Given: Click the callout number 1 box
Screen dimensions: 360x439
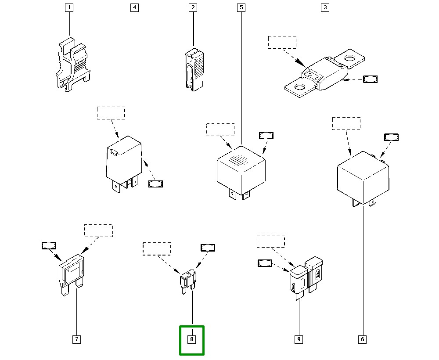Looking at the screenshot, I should pyautogui.click(x=69, y=7).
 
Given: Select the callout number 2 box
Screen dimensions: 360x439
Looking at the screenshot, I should pyautogui.click(x=193, y=7).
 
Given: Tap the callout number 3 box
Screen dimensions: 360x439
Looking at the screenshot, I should pyautogui.click(x=325, y=7).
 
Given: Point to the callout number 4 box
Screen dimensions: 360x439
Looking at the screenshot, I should pyautogui.click(x=134, y=7).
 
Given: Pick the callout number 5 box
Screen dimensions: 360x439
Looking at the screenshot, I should pyautogui.click(x=241, y=7).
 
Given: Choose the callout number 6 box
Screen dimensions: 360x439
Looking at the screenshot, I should pyautogui.click(x=362, y=339).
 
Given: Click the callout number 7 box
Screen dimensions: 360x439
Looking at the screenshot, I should pyautogui.click(x=76, y=339).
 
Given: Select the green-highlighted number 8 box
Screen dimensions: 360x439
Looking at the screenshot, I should pyautogui.click(x=192, y=339).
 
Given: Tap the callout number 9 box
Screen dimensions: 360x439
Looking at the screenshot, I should pyautogui.click(x=299, y=339).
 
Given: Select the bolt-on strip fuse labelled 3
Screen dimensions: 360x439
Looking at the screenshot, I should pyautogui.click(x=325, y=72).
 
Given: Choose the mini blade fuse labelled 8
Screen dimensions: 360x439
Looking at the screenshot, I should pyautogui.click(x=188, y=281).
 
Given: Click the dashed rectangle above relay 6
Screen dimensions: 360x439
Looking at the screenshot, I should pyautogui.click(x=346, y=123).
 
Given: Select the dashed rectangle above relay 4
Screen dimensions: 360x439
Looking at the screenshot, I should pyautogui.click(x=111, y=113).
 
